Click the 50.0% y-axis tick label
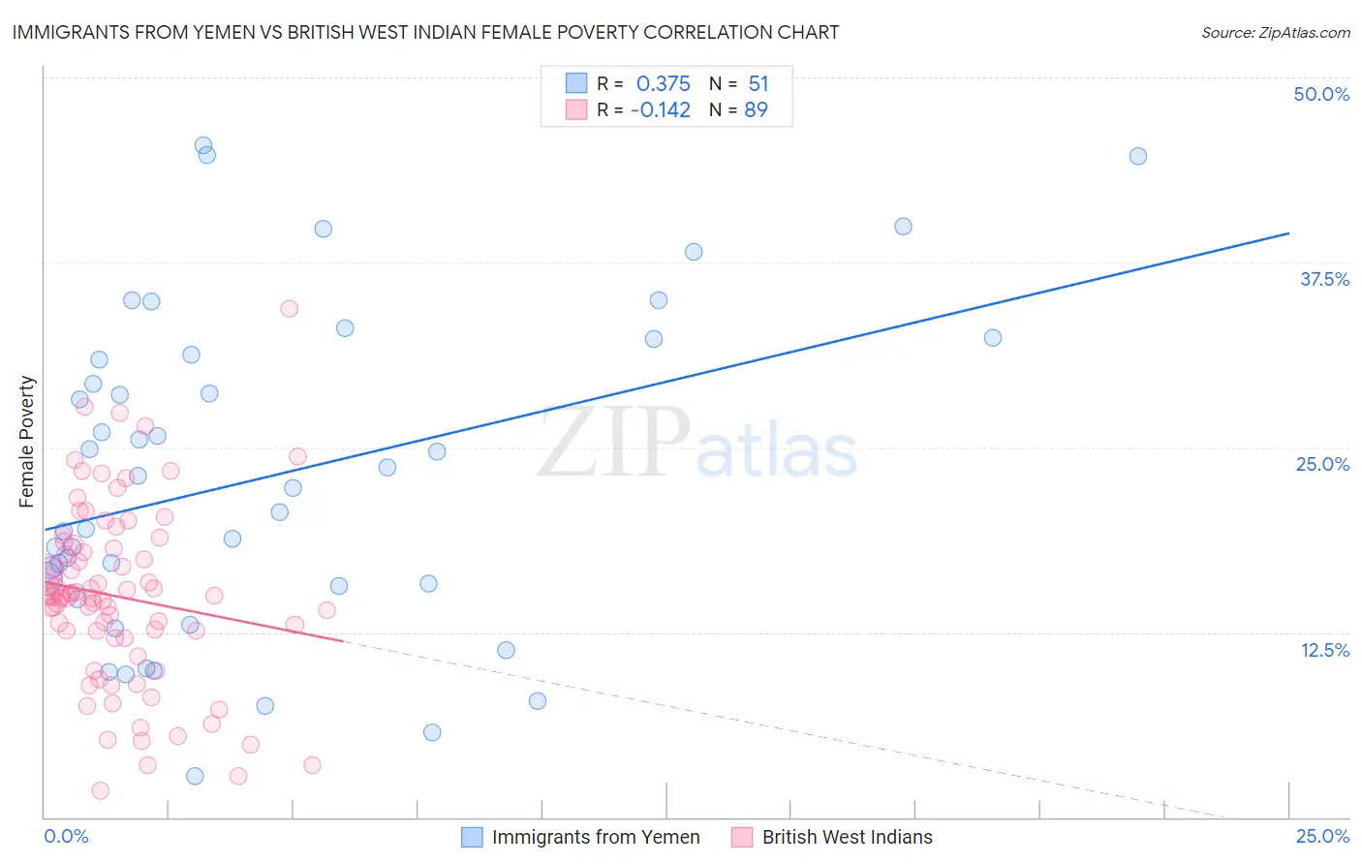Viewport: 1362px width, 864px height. coord(1320,94)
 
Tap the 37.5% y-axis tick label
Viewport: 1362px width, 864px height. coord(1323,279)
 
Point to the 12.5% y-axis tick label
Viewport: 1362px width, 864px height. coord(1323,650)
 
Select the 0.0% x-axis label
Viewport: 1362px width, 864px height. coord(66,836)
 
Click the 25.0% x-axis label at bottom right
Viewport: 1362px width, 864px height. coord(1321,836)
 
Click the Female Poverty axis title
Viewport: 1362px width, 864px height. coord(27,442)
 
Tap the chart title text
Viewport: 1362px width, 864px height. coord(425,32)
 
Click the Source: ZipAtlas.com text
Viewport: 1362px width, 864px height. coord(1275,32)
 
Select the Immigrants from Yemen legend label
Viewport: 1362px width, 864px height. coord(595,837)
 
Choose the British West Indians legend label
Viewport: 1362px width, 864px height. coord(847,837)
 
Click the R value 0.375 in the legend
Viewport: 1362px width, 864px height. coord(663,84)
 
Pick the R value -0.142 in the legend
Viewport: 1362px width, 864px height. coord(660,109)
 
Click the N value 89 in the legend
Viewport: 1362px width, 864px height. coord(756,109)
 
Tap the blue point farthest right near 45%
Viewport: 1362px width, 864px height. coord(1138,156)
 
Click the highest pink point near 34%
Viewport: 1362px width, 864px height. coord(289,309)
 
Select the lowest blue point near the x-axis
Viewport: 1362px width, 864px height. coord(195,776)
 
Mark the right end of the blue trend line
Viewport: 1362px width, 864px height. coord(1288,233)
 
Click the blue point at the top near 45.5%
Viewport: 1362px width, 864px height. coord(203,145)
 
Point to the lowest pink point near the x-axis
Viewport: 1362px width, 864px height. coord(100,790)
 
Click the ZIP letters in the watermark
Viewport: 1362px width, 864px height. coord(614,443)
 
